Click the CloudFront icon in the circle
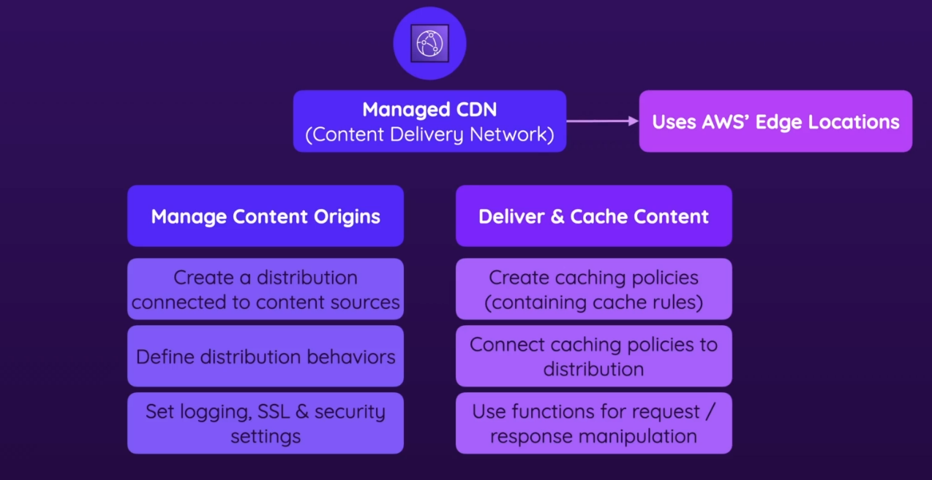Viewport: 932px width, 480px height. point(429,43)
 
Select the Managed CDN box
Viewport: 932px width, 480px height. point(429,121)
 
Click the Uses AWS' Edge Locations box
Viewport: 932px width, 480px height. point(775,121)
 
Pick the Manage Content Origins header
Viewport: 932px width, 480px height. point(266,216)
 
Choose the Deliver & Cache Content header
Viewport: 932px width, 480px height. point(593,216)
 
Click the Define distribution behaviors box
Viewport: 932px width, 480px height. point(266,357)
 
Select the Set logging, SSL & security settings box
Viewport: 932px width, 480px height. point(266,424)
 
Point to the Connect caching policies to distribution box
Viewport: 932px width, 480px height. point(593,357)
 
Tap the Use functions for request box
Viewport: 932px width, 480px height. point(593,424)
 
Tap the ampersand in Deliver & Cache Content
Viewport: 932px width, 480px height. point(557,217)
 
